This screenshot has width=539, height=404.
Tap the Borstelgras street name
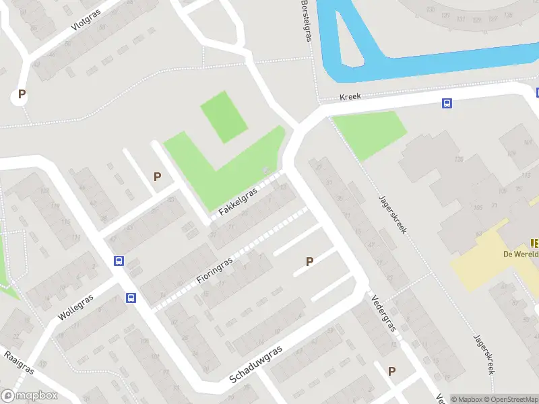click(x=308, y=20)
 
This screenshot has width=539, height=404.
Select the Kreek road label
click(x=350, y=97)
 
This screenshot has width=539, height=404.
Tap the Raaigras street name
click(x=18, y=362)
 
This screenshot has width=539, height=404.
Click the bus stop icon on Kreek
click(x=446, y=103)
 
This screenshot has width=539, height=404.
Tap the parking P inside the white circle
click(x=22, y=95)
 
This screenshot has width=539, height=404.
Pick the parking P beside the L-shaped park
click(x=157, y=176)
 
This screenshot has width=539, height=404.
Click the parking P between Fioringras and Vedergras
click(x=310, y=261)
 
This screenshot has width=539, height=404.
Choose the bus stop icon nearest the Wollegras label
click(x=131, y=298)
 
